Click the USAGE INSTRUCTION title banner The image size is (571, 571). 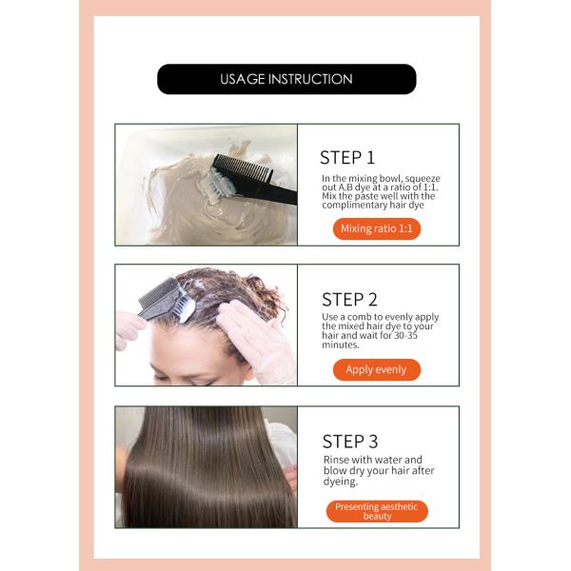point(286,79)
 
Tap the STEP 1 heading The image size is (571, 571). point(347,158)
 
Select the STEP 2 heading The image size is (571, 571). point(349,300)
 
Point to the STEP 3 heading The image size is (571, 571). point(350,442)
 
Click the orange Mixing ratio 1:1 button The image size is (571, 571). point(377,228)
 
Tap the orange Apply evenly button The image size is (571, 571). point(377,369)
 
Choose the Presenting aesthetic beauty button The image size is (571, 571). point(377,511)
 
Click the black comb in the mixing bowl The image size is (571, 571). point(255,180)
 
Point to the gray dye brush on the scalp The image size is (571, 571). point(167,300)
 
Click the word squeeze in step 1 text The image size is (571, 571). point(423,179)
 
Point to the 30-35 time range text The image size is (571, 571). point(405,335)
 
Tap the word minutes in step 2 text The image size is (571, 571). point(341,345)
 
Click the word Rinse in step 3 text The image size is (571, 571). point(336,460)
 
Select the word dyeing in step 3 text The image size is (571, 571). point(341,482)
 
